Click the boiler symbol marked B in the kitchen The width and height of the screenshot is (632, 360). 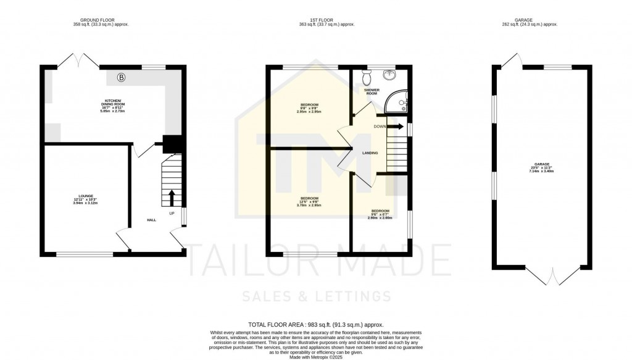click(x=122, y=78)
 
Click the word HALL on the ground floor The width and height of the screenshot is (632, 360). click(x=151, y=220)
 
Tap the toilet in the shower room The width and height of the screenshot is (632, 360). click(x=367, y=78)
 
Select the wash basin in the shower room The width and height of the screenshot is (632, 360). click(x=390, y=75)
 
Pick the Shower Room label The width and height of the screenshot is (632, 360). click(x=371, y=91)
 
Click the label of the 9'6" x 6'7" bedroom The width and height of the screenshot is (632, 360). click(x=380, y=214)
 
